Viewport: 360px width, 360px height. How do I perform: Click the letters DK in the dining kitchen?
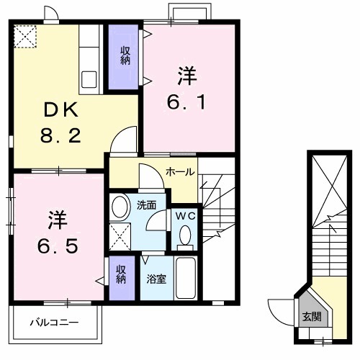pos(60,110)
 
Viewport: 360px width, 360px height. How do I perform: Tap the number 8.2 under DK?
pos(60,135)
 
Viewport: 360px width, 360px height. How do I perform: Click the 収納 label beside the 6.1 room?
pos(125,55)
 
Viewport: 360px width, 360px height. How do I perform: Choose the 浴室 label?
pos(158,279)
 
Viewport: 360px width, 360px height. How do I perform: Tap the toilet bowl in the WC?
pos(185,235)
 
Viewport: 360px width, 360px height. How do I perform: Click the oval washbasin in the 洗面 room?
pos(120,206)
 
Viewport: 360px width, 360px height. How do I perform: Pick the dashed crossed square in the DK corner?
pos(27,36)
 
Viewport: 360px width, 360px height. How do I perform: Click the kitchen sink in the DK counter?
pos(91,78)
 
